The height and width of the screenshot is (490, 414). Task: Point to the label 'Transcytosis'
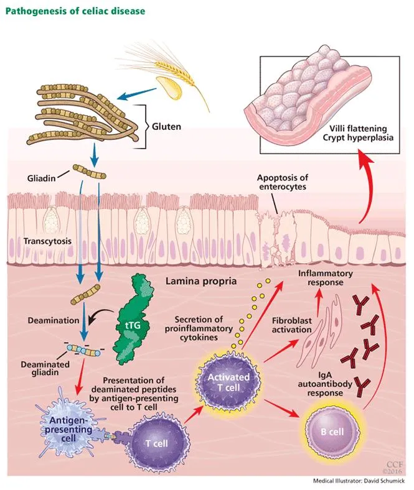point(47,239)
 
